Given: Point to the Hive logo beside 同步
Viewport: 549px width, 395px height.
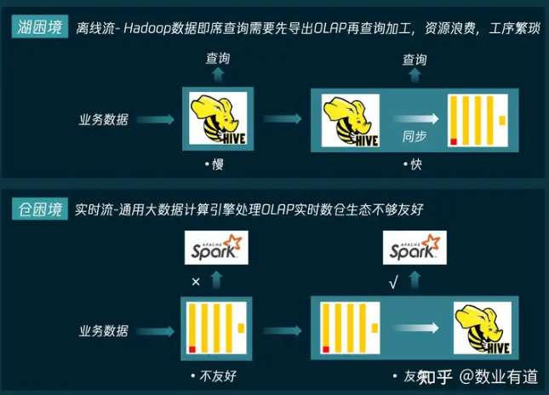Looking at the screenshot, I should click(351, 120).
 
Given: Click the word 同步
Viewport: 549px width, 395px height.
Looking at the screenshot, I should click(415, 137).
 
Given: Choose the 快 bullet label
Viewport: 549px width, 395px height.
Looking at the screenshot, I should click(415, 164).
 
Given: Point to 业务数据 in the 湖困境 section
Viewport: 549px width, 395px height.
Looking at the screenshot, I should click(104, 120).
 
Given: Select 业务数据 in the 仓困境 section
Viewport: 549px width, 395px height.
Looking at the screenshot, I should click(104, 329).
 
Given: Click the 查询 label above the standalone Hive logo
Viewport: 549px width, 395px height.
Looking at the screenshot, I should click(217, 59).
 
